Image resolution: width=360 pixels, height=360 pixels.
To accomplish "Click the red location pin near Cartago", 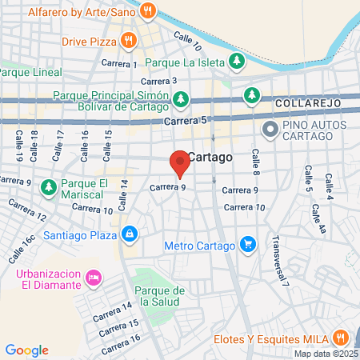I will pyautogui.click(x=180, y=162).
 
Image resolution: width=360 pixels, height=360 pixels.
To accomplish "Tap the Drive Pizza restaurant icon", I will pyautogui.click(x=129, y=39).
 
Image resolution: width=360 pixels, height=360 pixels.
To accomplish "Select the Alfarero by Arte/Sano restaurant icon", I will pyautogui.click(x=147, y=11).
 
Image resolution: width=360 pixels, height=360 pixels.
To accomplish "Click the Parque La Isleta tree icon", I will pyautogui.click(x=236, y=61).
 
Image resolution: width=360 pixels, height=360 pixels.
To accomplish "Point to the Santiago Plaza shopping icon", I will pyautogui.click(x=129, y=234).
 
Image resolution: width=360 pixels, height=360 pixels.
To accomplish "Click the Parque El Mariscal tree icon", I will pyautogui.click(x=49, y=188).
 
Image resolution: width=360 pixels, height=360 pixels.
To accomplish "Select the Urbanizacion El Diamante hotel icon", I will pyautogui.click(x=94, y=278).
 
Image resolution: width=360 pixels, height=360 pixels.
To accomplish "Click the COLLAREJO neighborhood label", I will pyautogui.click(x=308, y=104).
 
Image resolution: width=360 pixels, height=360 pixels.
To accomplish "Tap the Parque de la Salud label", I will pyautogui.click(x=161, y=296).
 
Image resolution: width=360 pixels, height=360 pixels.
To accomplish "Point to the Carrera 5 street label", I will pyautogui.click(x=185, y=120).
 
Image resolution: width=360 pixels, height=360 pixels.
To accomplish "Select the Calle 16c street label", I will pyautogui.click(x=23, y=250).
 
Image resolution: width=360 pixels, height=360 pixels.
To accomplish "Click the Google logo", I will pyautogui.click(x=26, y=350).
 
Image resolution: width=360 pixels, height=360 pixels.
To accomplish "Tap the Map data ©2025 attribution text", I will pyautogui.click(x=326, y=354).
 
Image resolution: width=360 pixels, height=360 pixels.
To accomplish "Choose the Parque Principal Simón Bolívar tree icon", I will pyautogui.click(x=182, y=98).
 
